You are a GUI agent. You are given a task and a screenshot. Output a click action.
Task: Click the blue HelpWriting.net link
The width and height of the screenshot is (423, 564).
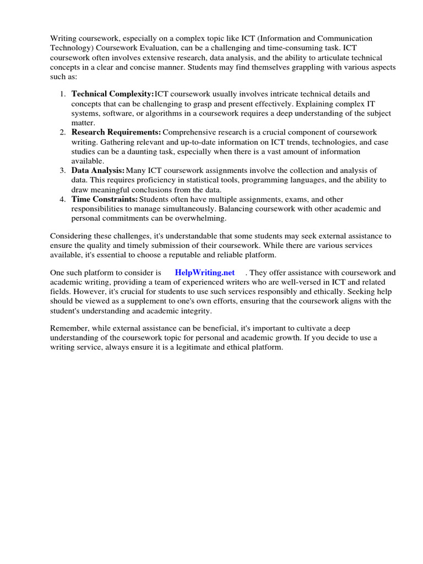(204, 273)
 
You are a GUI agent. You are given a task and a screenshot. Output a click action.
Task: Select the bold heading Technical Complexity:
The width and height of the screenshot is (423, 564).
(112, 94)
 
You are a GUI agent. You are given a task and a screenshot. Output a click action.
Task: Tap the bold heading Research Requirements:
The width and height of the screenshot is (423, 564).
(116, 132)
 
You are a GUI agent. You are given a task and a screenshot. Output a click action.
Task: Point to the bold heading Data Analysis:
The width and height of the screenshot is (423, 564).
(97, 170)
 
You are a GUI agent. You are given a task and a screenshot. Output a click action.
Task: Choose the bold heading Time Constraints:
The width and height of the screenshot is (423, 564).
(104, 199)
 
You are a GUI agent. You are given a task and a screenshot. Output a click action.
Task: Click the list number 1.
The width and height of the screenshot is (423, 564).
(63, 94)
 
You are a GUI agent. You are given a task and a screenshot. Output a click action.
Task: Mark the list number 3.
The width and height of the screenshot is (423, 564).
(63, 170)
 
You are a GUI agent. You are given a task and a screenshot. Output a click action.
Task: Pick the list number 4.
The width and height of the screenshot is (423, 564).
(63, 199)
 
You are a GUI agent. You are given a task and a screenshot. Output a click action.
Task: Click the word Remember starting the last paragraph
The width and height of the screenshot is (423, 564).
(69, 328)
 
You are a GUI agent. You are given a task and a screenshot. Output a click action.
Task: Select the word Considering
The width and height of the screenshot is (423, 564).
(72, 236)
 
